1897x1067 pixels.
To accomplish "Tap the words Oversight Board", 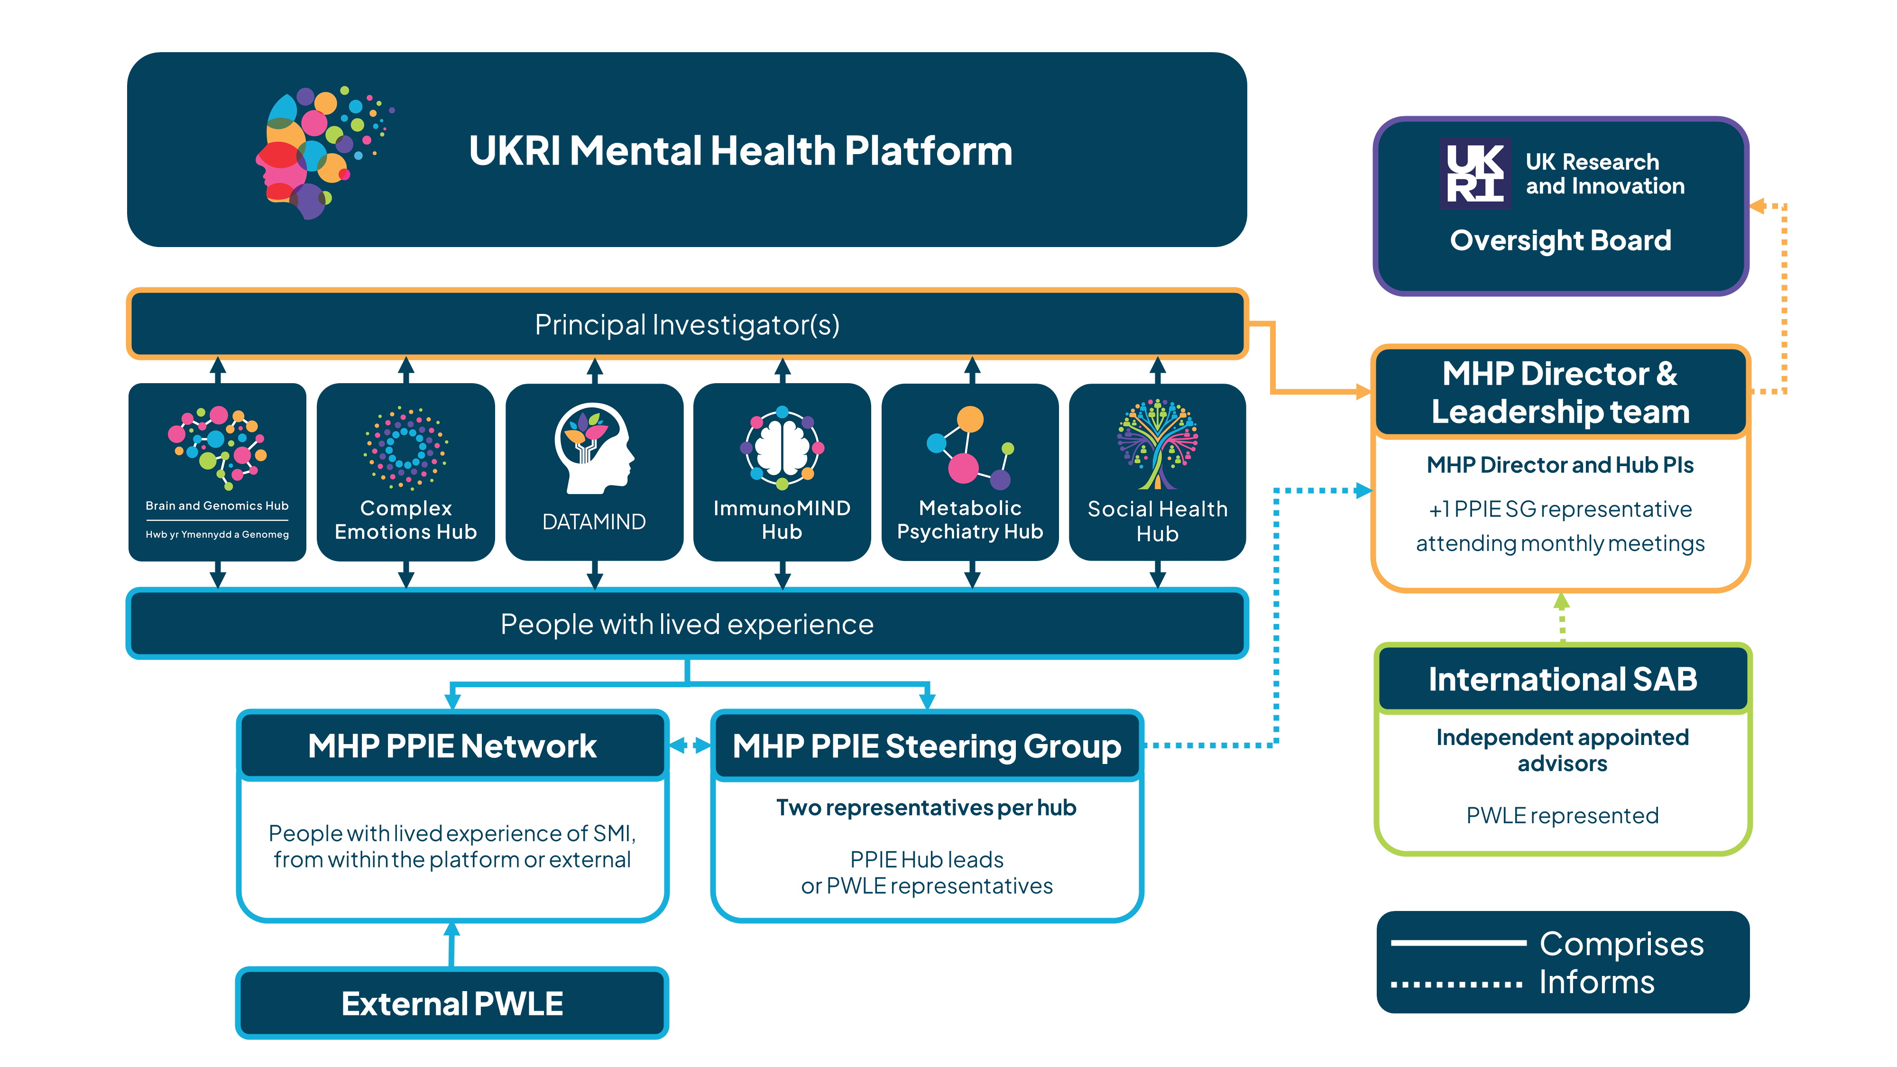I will (x=1560, y=241).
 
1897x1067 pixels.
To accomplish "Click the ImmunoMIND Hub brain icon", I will (x=782, y=447).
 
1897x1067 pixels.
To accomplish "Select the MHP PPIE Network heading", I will (x=452, y=746).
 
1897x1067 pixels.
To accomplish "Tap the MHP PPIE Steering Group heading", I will (x=926, y=746).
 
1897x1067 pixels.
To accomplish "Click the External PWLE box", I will (x=452, y=1003).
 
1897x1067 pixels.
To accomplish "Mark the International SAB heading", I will (x=1562, y=679).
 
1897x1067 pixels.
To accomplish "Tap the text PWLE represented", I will (x=1562, y=816).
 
